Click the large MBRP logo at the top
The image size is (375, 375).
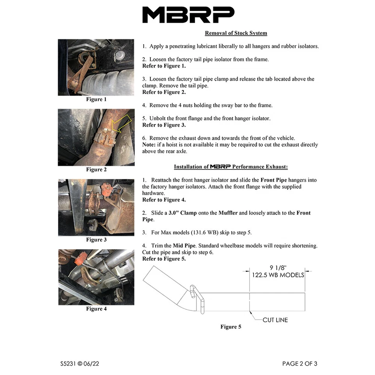click(x=188, y=15)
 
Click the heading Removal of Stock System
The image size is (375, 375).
click(x=236, y=33)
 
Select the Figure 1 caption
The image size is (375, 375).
click(x=96, y=99)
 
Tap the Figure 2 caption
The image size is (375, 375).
click(x=96, y=170)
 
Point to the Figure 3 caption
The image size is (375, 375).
click(x=96, y=239)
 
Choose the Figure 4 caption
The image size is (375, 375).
click(x=96, y=309)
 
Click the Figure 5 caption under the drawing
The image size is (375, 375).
click(x=230, y=327)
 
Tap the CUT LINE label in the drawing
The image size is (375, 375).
click(x=275, y=320)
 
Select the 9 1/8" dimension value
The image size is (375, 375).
click(x=277, y=268)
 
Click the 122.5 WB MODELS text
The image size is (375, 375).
click(x=277, y=275)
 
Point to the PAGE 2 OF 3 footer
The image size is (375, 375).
click(x=300, y=364)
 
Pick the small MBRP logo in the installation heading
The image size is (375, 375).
click(x=220, y=167)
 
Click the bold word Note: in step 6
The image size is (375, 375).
click(x=150, y=145)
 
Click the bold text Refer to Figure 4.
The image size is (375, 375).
click(x=164, y=200)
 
